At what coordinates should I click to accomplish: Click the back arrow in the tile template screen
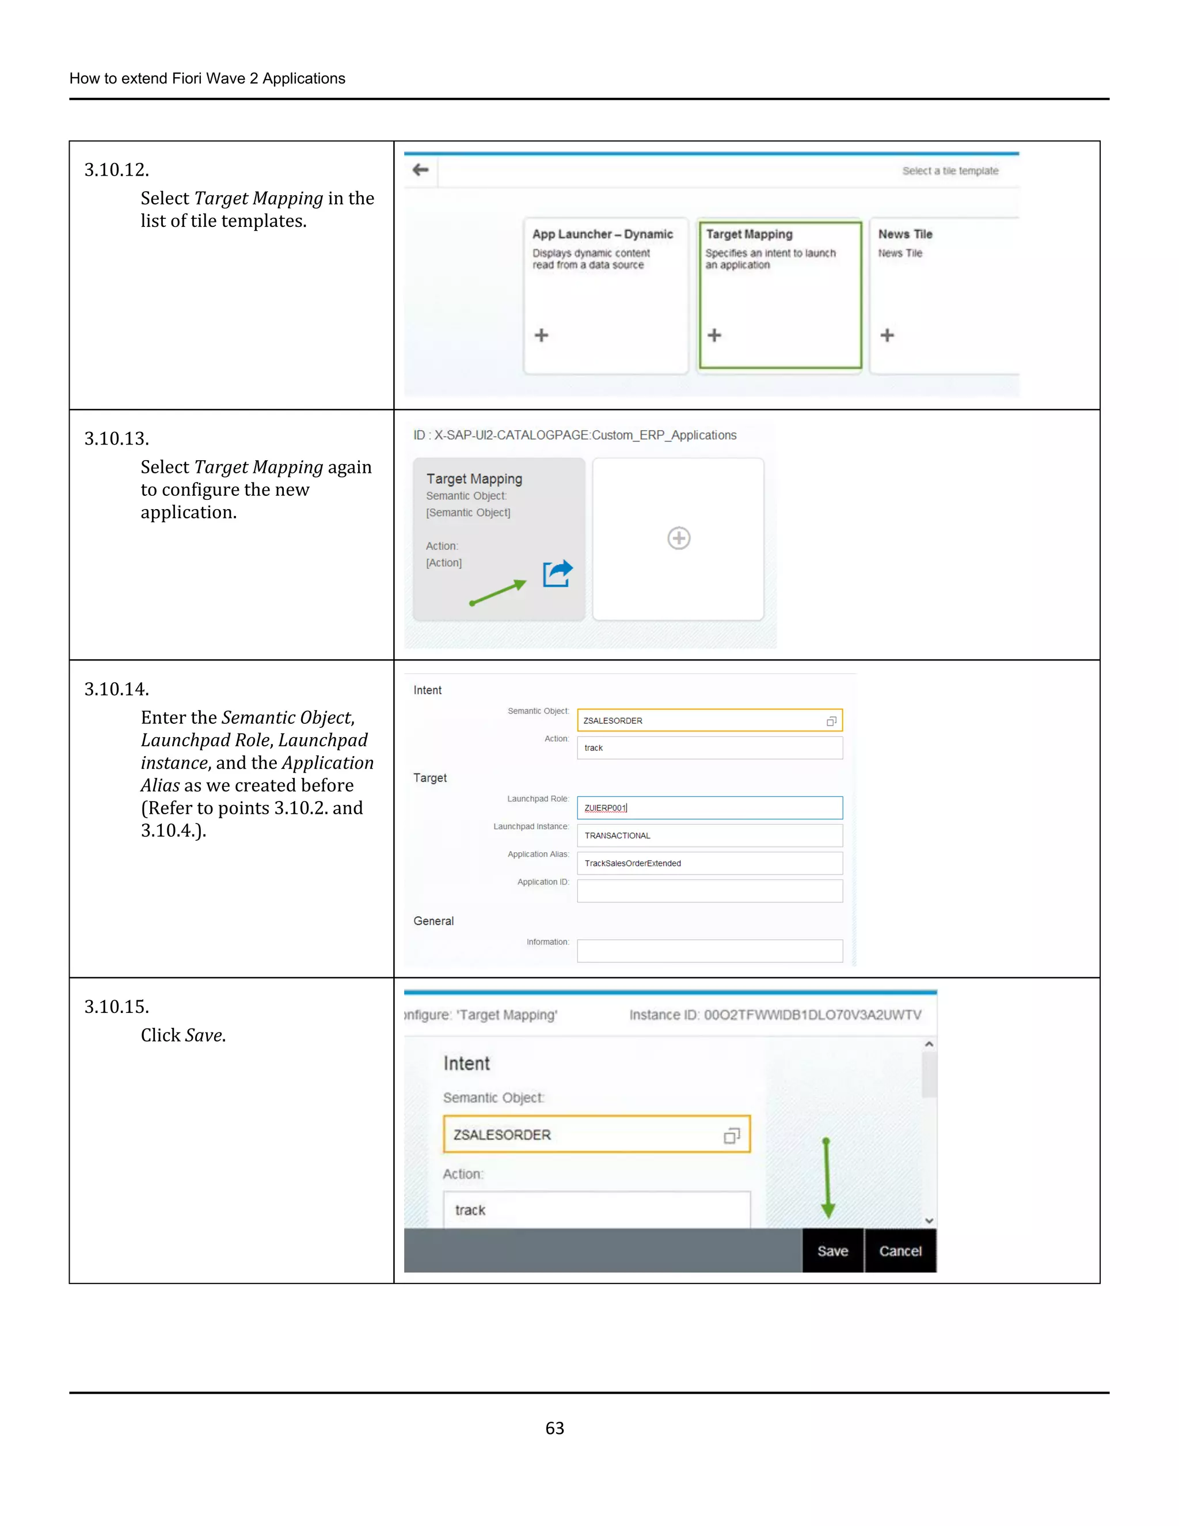point(420,170)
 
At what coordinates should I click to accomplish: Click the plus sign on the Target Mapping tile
point(714,335)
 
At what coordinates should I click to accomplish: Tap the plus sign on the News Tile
point(887,335)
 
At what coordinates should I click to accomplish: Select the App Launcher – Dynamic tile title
point(602,234)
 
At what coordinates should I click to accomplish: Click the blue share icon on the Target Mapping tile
point(557,574)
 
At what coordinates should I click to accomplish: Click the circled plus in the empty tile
point(678,538)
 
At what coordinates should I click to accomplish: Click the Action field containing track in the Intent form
point(709,747)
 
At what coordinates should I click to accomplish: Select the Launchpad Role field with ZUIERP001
point(709,808)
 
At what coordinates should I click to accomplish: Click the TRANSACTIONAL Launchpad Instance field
point(709,836)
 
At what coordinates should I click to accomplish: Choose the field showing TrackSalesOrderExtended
point(709,864)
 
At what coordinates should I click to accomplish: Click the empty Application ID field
point(709,891)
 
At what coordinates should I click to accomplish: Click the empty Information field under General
point(709,951)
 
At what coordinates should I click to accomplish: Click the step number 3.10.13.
point(117,439)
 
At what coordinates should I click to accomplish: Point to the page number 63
point(554,1428)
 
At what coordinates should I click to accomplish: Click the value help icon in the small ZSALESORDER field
point(831,721)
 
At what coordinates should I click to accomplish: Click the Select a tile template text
point(950,171)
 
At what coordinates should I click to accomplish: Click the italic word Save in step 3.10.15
point(204,1035)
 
